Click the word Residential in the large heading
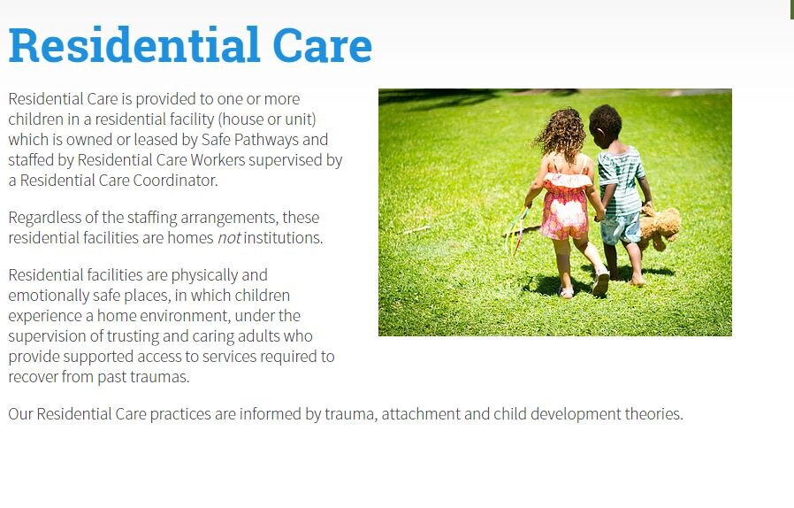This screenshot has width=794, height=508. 134,46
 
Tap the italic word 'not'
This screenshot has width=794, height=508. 228,238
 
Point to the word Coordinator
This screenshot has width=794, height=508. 176,181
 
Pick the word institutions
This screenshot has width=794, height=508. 283,238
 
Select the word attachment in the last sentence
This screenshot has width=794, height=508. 421,414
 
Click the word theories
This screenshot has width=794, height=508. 653,414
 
